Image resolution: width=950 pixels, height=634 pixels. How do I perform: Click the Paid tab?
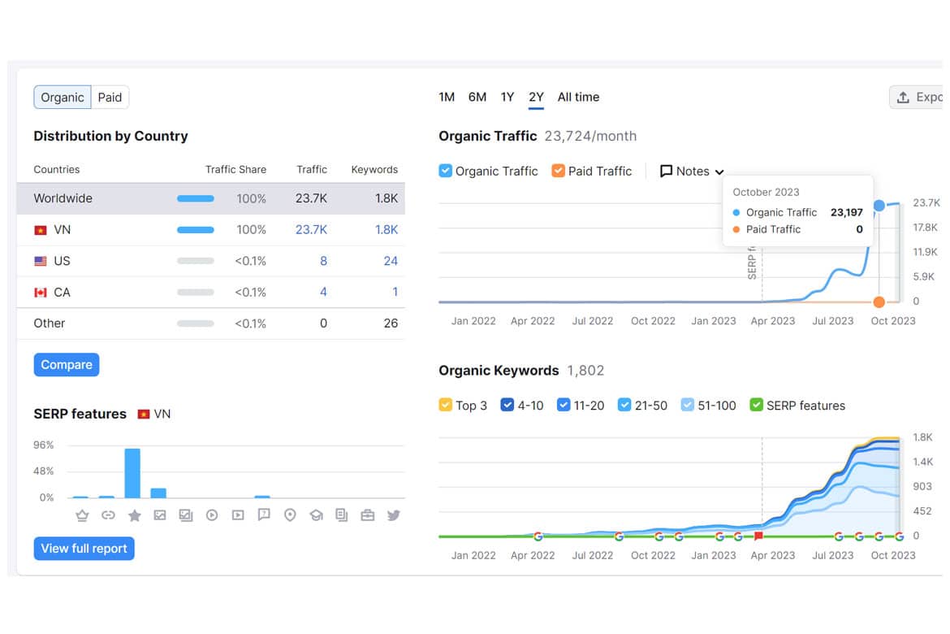[x=110, y=97]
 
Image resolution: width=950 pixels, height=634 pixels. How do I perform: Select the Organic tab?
[x=63, y=97]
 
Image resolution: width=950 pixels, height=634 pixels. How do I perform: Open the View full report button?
[x=84, y=549]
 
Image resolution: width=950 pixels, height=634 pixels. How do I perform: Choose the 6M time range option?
[x=477, y=97]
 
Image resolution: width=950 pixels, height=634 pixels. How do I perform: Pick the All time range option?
[x=579, y=97]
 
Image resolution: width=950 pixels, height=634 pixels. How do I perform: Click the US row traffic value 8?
[x=323, y=261]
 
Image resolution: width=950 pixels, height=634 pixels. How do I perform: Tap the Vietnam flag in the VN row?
[x=41, y=230]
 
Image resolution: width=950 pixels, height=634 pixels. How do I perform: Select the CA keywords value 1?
[x=395, y=292]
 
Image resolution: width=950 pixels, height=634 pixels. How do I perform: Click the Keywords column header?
[x=374, y=169]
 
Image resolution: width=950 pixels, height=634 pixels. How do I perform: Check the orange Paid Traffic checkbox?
[x=558, y=171]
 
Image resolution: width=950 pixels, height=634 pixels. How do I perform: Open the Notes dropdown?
[x=692, y=171]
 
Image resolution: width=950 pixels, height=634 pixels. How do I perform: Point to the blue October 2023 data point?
[x=879, y=206]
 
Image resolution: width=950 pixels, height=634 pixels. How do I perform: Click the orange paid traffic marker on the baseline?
[x=879, y=302]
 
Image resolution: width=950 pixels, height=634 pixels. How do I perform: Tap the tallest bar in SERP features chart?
[x=132, y=473]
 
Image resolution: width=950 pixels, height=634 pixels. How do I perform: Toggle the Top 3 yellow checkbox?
[x=445, y=405]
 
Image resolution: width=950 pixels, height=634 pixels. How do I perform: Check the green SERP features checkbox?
[x=756, y=405]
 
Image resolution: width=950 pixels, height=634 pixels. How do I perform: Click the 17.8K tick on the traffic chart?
[x=925, y=228]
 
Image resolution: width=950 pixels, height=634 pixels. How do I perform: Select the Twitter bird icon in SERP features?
[x=393, y=515]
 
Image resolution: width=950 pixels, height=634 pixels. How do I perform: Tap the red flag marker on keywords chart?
[x=758, y=536]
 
